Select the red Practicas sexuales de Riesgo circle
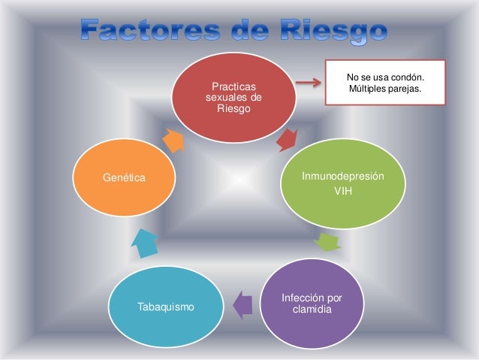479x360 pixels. click(234, 96)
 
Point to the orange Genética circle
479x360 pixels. click(123, 178)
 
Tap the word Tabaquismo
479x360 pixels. click(166, 307)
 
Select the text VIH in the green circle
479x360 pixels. click(342, 190)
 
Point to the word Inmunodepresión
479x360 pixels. click(342, 176)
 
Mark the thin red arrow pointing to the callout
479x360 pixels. click(307, 82)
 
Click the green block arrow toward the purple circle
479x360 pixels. click(327, 242)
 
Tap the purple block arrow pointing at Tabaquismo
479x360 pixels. click(242, 304)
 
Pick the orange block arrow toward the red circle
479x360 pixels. click(173, 139)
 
